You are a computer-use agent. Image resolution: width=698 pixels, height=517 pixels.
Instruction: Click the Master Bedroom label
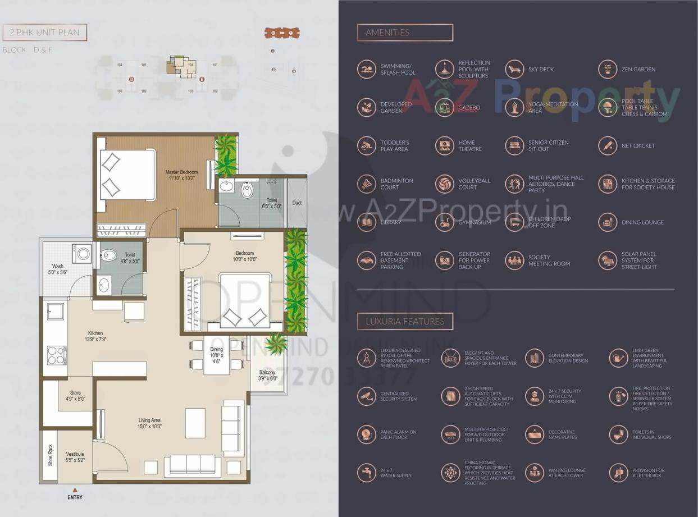(x=181, y=175)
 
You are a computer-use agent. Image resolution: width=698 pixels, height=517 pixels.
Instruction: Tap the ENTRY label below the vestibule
(x=75, y=497)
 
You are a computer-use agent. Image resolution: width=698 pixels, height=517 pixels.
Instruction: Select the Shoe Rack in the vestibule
(x=50, y=454)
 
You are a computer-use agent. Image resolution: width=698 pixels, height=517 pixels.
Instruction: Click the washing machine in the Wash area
(x=82, y=254)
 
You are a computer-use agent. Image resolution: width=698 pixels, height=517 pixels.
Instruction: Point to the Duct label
(x=297, y=203)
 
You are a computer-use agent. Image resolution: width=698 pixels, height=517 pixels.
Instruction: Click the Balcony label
(x=267, y=376)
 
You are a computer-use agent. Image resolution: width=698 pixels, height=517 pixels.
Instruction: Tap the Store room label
(x=75, y=396)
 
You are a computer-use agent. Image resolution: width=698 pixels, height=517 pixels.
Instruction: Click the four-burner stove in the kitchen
(x=55, y=355)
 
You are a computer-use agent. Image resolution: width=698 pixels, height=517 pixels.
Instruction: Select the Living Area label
(x=150, y=423)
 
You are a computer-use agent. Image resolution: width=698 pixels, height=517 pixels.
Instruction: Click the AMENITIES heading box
(x=405, y=33)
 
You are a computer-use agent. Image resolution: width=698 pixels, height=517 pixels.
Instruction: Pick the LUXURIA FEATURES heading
(x=405, y=322)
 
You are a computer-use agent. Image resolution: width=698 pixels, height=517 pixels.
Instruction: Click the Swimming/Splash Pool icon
(x=366, y=69)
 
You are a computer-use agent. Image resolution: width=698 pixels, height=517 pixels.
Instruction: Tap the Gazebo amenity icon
(x=444, y=107)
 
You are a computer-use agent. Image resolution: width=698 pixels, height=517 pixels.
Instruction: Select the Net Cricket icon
(x=607, y=146)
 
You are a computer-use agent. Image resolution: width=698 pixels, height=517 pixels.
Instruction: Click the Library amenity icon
(x=366, y=222)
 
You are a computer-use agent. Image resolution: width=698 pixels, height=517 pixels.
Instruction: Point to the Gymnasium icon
(x=444, y=222)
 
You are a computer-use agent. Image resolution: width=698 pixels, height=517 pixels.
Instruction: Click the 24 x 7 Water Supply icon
(x=366, y=473)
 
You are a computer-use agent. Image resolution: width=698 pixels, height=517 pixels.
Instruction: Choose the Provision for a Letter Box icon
(x=618, y=473)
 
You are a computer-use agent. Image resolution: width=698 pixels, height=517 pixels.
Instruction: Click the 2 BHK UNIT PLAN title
(x=45, y=33)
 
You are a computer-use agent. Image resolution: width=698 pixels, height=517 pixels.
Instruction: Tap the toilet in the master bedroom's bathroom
(x=248, y=190)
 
